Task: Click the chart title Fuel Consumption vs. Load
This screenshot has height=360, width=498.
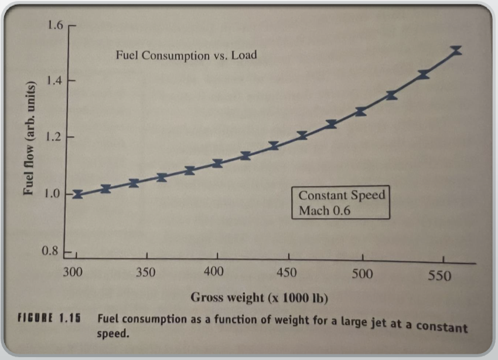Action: tap(186, 56)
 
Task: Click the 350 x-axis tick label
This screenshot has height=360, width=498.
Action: tap(146, 273)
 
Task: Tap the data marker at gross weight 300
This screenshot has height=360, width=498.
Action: tap(77, 194)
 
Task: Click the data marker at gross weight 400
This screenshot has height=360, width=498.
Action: tap(217, 163)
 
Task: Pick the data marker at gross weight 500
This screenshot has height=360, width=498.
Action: tap(361, 111)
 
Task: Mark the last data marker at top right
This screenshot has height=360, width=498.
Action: tap(456, 50)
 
